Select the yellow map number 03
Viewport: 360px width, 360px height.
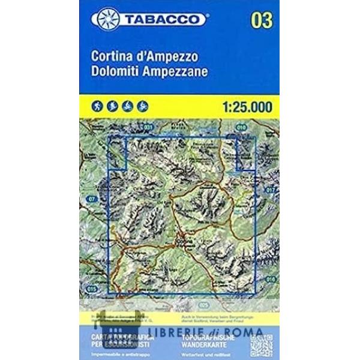[x=262, y=20]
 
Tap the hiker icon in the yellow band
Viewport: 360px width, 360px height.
[x=97, y=107]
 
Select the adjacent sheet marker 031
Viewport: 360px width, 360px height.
[x=149, y=127]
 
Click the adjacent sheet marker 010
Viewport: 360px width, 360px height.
[x=242, y=127]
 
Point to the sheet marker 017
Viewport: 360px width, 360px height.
[x=269, y=191]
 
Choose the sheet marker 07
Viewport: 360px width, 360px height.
[x=91, y=198]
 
